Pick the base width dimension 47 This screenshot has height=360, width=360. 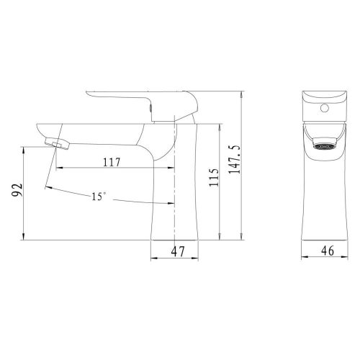coord(175,252)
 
